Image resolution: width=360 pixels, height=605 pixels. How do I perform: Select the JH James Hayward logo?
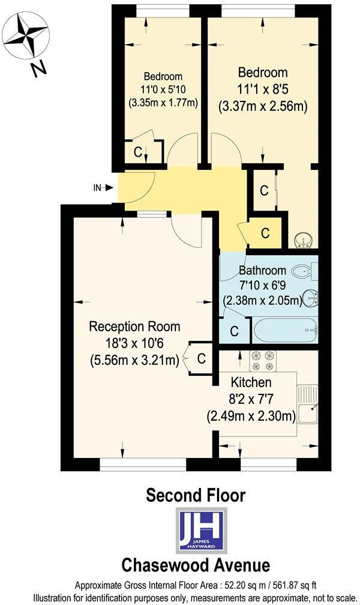200,529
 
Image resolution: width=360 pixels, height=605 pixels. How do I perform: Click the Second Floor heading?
196,496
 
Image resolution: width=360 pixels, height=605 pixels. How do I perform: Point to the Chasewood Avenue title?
196,565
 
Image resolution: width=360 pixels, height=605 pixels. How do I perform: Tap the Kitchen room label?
251,382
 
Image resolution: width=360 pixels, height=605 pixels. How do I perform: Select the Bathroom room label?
262,270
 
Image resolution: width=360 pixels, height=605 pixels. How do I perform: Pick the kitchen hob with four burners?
265,361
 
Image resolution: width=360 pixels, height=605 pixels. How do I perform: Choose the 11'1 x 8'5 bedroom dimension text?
263,90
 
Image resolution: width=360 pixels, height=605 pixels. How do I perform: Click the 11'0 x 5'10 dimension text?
163,89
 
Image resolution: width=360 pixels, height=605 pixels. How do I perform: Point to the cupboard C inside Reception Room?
202,359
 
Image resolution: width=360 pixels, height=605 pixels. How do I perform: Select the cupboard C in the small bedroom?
138,152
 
